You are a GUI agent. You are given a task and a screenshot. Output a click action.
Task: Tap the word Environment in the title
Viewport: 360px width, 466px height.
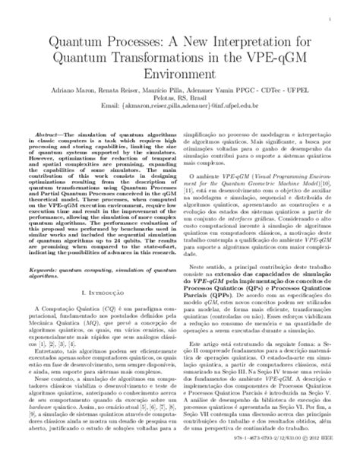coord(180,75)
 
